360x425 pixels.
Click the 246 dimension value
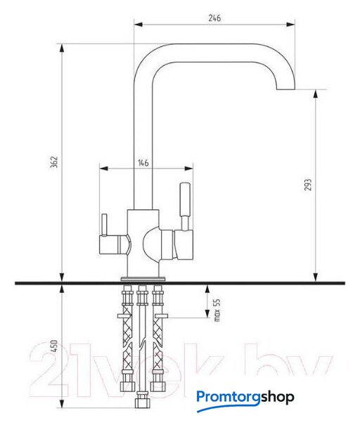214,18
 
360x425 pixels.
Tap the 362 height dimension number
54,162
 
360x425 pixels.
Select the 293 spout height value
308,185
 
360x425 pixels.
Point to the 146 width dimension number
143,163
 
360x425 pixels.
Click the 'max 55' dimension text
217,310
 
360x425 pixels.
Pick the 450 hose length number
54,346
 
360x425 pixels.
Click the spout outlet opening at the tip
285,89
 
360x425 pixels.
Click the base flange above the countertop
143,279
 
